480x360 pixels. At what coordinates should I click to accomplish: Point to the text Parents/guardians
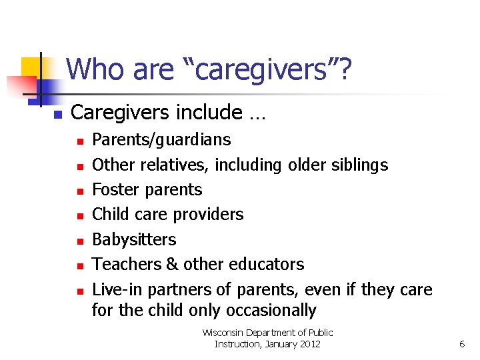click(x=161, y=140)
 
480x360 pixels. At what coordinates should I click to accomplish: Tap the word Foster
click(x=115, y=189)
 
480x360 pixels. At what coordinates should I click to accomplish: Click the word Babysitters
click(x=134, y=239)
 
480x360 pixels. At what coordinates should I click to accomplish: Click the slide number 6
click(x=461, y=344)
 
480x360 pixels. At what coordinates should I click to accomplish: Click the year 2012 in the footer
click(x=309, y=344)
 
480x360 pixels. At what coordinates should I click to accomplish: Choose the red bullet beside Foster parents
click(x=79, y=191)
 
